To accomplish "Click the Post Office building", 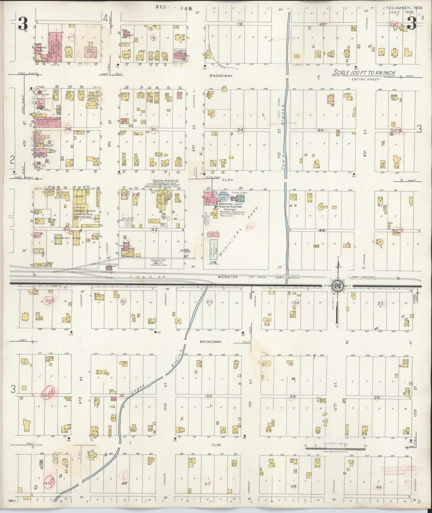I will pyautogui.click(x=90, y=51).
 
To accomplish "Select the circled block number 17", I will pyautogui.click(x=72, y=37).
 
